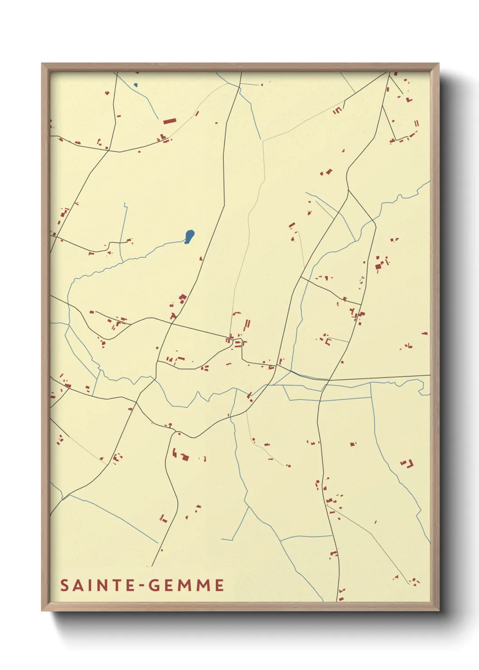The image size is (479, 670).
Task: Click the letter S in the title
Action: pyautogui.click(x=64, y=585)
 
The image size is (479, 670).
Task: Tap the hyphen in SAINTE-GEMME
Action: pyautogui.click(x=143, y=586)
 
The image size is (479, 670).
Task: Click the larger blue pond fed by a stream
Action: pyautogui.click(x=189, y=236)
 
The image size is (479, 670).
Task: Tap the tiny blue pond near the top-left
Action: pyautogui.click(x=135, y=85)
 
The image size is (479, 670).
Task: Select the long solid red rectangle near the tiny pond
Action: pyautogui.click(x=169, y=121)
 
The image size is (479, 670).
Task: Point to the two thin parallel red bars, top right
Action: pyautogui.click(x=417, y=123)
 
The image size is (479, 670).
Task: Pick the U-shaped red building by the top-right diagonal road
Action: pyautogui.click(x=337, y=110)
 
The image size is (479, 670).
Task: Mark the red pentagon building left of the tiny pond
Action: pyautogui.click(x=107, y=93)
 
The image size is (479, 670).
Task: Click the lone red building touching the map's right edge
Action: pyautogui.click(x=425, y=334)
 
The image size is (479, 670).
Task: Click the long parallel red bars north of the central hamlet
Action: pyautogui.click(x=247, y=325)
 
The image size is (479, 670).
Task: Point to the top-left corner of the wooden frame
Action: pyautogui.click(x=42, y=64)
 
